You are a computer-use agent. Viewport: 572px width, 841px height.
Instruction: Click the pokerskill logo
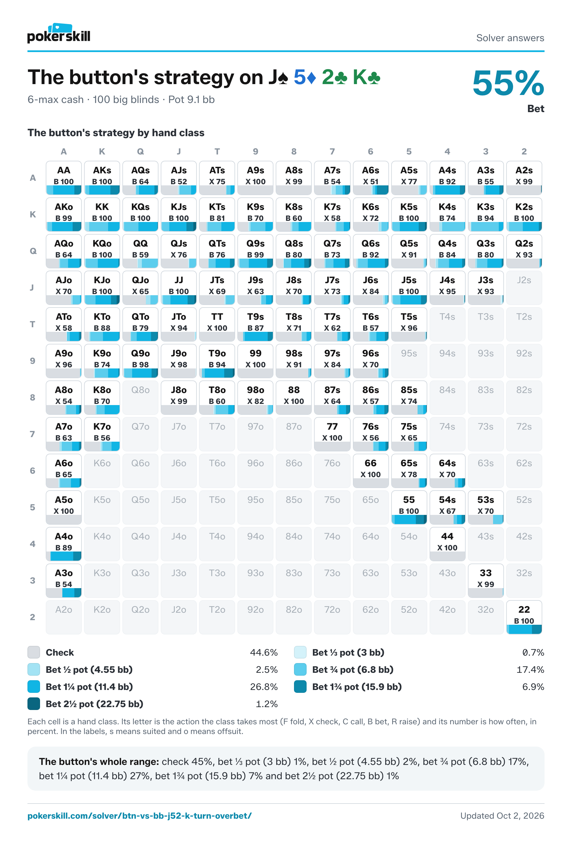pyautogui.click(x=59, y=33)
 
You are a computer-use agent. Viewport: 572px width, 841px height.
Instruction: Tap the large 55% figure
pyautogui.click(x=508, y=84)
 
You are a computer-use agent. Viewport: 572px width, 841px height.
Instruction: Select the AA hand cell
pyautogui.click(x=64, y=178)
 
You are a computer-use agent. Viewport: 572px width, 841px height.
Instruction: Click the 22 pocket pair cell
pyautogui.click(x=524, y=617)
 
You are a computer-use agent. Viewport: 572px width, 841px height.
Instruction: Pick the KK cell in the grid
pyautogui.click(x=102, y=214)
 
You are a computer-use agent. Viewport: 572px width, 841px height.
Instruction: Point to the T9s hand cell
pyautogui.click(x=255, y=324)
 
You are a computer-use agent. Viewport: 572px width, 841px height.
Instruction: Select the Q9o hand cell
pyautogui.click(x=140, y=361)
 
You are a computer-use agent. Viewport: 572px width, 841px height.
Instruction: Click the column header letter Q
pyautogui.click(x=140, y=152)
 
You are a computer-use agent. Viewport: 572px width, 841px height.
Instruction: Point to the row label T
pyautogui.click(x=33, y=324)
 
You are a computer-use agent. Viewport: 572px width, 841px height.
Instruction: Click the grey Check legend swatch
pyautogui.click(x=34, y=652)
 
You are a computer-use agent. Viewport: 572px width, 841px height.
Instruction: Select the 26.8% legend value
pyautogui.click(x=264, y=687)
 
